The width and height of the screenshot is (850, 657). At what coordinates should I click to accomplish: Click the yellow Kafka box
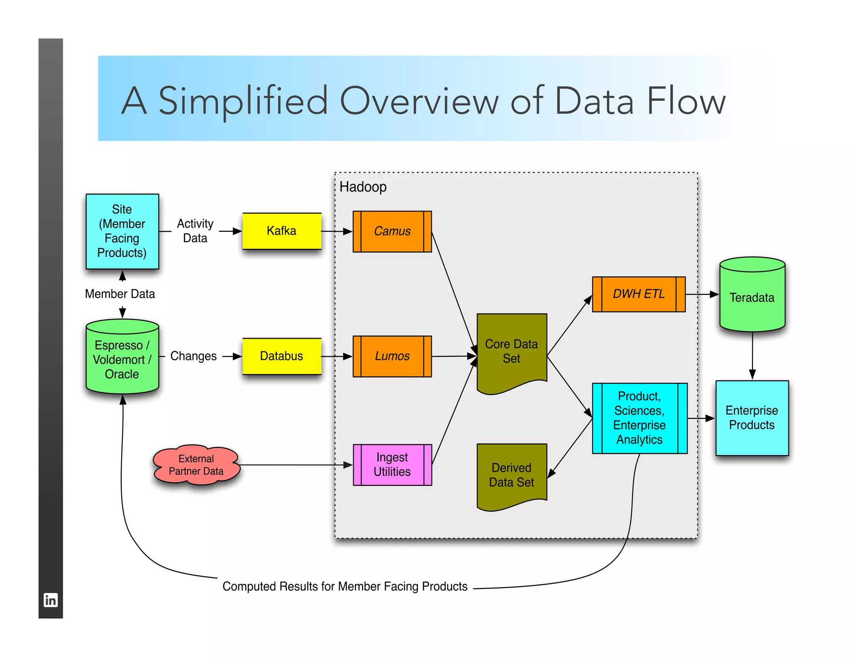click(282, 231)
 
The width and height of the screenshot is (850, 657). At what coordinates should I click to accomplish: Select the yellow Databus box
click(282, 356)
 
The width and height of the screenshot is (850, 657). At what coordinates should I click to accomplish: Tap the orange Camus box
click(392, 231)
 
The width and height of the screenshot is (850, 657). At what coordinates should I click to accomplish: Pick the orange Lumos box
click(392, 356)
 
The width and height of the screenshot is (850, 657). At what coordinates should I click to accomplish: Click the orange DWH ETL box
click(639, 294)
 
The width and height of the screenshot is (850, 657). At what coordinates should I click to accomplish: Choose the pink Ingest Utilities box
click(392, 465)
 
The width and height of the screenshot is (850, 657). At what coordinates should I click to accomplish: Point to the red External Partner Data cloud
click(196, 465)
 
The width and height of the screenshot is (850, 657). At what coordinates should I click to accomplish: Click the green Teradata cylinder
click(752, 297)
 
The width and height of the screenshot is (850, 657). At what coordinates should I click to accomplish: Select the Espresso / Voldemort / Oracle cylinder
click(122, 359)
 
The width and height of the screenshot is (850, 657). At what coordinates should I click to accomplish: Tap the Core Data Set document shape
click(511, 351)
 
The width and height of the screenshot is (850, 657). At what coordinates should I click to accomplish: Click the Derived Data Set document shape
click(511, 475)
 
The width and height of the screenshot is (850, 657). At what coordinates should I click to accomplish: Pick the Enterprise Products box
click(752, 418)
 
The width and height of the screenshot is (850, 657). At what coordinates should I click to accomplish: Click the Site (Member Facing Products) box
click(122, 231)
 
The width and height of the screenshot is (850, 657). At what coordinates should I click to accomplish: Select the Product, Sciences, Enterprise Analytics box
click(640, 418)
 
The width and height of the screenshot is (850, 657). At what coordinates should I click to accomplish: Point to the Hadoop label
click(363, 187)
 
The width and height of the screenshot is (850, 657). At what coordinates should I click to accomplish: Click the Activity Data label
click(195, 231)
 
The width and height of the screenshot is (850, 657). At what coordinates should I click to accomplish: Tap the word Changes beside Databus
click(193, 356)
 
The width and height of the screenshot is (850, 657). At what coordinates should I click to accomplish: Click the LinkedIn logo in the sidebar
click(51, 600)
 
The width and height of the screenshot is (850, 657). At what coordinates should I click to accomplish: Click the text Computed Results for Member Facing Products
click(345, 586)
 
